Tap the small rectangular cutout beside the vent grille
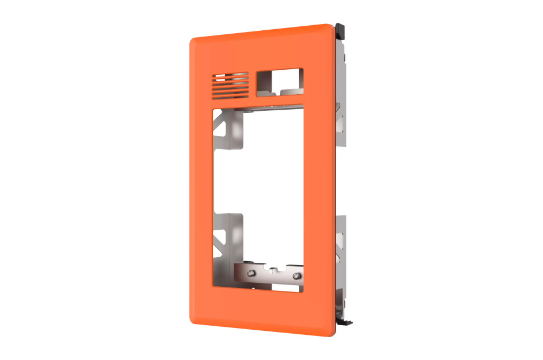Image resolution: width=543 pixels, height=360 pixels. pyautogui.click(x=280, y=81)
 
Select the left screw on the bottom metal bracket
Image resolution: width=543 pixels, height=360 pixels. pyautogui.click(x=250, y=274)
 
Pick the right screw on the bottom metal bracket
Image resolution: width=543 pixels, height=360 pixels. pyautogui.click(x=295, y=277)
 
